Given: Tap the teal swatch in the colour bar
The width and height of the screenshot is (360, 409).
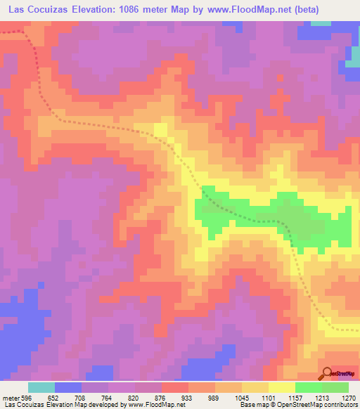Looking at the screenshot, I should [x=41, y=387].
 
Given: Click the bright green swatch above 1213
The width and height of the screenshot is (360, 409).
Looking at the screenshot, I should [x=308, y=387].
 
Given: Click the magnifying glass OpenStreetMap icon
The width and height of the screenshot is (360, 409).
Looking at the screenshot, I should [x=328, y=372].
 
